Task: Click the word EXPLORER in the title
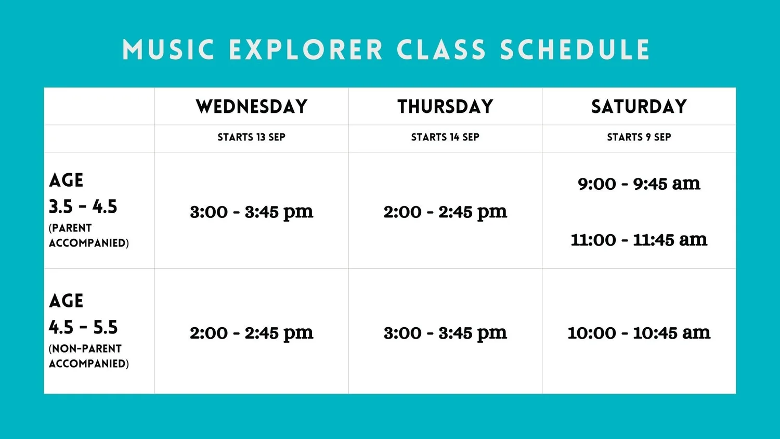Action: [306, 50]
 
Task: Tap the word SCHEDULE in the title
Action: [575, 50]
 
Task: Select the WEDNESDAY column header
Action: [252, 107]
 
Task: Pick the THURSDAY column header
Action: [445, 107]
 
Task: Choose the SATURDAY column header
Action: [639, 107]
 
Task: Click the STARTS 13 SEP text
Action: [252, 137]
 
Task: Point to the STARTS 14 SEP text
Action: [445, 137]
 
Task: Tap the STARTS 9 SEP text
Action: [639, 137]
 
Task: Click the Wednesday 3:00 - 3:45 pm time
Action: [252, 212]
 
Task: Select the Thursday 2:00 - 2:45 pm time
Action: [445, 212]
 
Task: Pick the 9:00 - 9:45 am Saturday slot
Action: [639, 184]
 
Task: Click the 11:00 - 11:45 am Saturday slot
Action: [639, 240]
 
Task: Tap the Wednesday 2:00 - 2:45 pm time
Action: [252, 333]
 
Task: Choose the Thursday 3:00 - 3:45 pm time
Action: [445, 333]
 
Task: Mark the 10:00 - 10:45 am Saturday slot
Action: [639, 333]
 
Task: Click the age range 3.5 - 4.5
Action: [83, 207]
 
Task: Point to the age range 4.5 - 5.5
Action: [83, 328]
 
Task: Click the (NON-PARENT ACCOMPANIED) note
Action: [88, 356]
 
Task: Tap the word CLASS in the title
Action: [441, 50]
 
